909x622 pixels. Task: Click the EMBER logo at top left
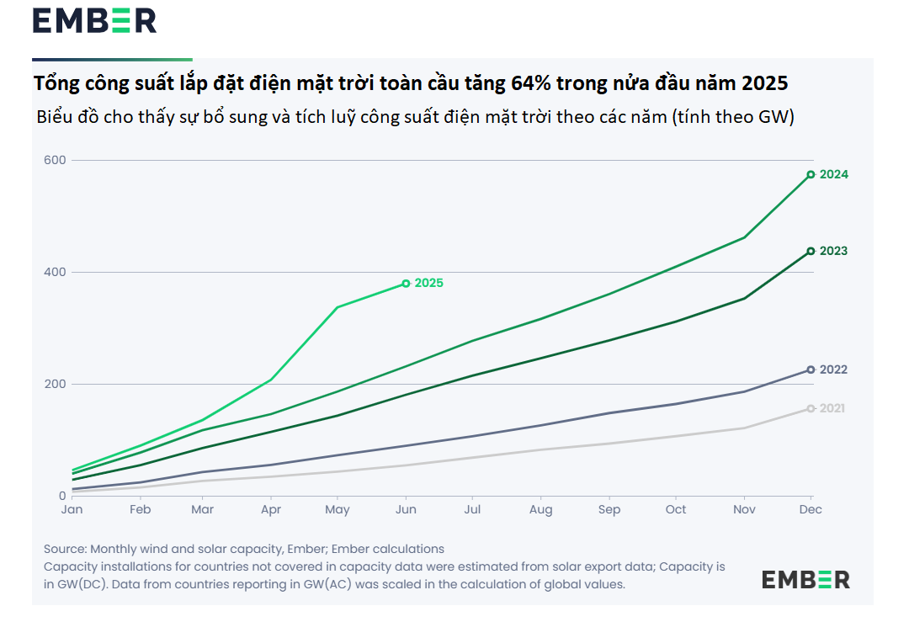(94, 21)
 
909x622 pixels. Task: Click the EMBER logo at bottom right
(805, 579)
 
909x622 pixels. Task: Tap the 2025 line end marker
(406, 284)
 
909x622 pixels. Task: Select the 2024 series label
(833, 175)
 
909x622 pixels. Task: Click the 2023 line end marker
(811, 251)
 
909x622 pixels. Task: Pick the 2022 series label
(833, 369)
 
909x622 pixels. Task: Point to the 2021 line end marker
(811, 408)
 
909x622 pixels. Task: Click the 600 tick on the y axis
(56, 160)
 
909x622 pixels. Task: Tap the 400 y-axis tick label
(56, 272)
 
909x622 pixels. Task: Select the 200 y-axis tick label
(56, 384)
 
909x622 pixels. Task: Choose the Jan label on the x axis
(72, 510)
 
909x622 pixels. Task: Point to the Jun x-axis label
(406, 510)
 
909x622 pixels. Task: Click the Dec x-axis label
(810, 510)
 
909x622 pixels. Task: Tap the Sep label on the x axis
(609, 510)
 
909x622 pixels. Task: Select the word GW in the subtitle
(769, 118)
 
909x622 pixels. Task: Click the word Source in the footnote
(65, 549)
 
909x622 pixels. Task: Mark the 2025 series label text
(428, 284)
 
